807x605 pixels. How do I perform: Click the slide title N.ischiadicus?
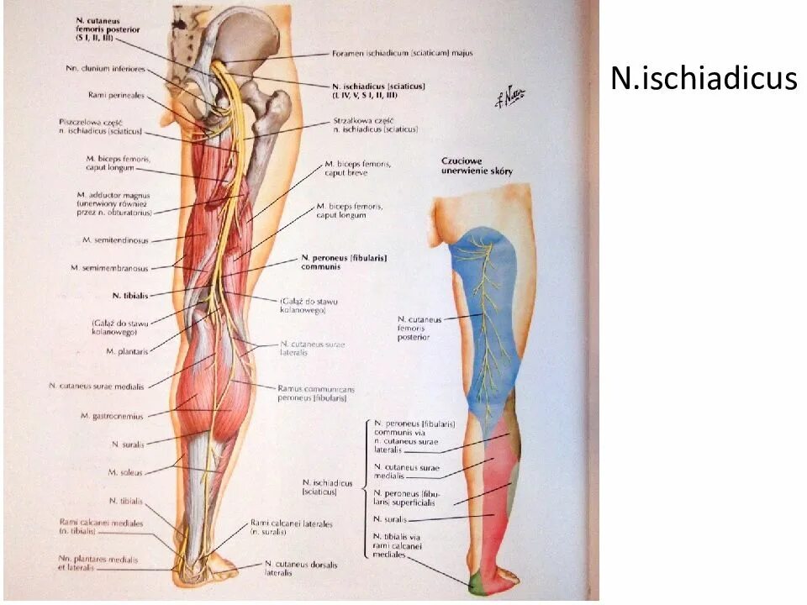click(703, 78)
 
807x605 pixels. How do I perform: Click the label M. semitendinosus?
click(116, 240)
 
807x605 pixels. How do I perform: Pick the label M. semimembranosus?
click(109, 268)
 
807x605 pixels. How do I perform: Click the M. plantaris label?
click(128, 351)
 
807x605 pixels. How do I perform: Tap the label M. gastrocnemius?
click(112, 415)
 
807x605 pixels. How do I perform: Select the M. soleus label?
click(128, 471)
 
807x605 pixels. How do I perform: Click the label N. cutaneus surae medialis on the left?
click(97, 387)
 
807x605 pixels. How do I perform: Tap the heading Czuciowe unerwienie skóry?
click(477, 166)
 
